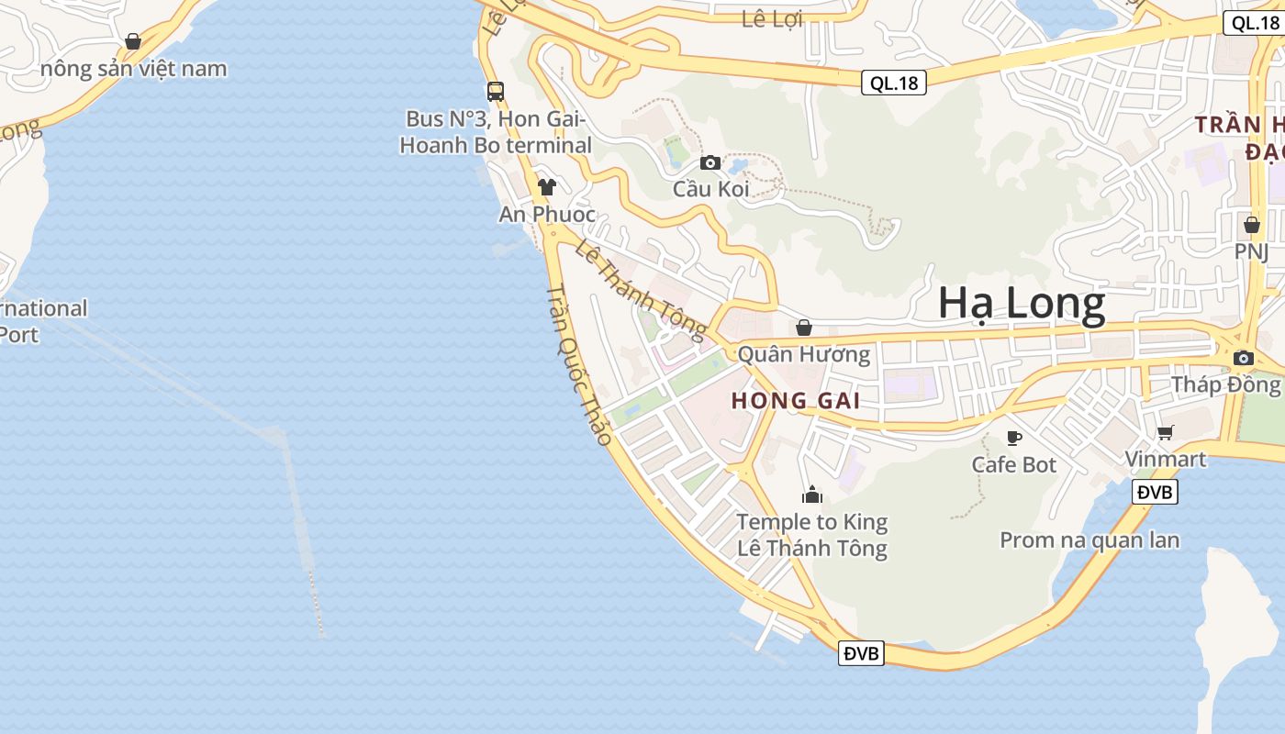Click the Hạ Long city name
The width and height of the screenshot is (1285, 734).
pyautogui.click(x=1022, y=305)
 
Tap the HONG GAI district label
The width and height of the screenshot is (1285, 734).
pyautogui.click(x=796, y=401)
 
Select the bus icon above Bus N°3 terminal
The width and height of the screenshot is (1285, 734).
pyautogui.click(x=496, y=91)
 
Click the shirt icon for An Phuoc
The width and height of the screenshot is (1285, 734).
pyautogui.click(x=547, y=187)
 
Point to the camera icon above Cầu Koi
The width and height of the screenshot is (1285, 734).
pyautogui.click(x=710, y=162)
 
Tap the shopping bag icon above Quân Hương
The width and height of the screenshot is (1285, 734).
pyautogui.click(x=804, y=328)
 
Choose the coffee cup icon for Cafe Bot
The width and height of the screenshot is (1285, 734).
pyautogui.click(x=1014, y=438)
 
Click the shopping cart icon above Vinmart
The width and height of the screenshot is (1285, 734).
pyautogui.click(x=1165, y=432)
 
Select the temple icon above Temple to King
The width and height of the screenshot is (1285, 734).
pyautogui.click(x=811, y=495)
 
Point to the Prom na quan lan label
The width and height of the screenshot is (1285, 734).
pyautogui.click(x=1089, y=539)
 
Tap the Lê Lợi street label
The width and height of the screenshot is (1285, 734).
pyautogui.click(x=772, y=18)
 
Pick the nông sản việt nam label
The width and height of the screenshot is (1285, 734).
pyautogui.click(x=134, y=69)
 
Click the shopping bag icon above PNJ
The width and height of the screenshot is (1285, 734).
pyautogui.click(x=1251, y=224)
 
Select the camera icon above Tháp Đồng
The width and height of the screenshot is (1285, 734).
pyautogui.click(x=1244, y=358)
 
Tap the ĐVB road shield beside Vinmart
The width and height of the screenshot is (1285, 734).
pyautogui.click(x=1155, y=492)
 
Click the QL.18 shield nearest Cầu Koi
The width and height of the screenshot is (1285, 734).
pyautogui.click(x=894, y=83)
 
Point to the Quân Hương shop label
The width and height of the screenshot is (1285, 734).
pyautogui.click(x=804, y=354)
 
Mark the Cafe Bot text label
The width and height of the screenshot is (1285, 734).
pyautogui.click(x=1014, y=465)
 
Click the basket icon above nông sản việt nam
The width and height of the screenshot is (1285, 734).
pyautogui.click(x=133, y=41)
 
